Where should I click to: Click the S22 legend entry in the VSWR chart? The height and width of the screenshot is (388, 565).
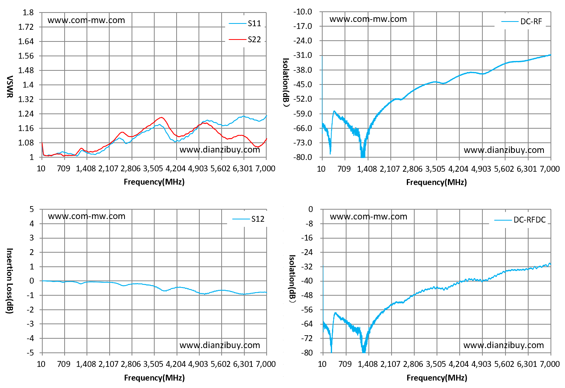pyautogui.click(x=245, y=40)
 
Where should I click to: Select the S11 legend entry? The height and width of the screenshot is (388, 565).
pyautogui.click(x=245, y=23)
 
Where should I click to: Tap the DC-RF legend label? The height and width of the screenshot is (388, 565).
pyautogui.click(x=522, y=22)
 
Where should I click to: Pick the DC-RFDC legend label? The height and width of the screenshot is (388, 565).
pyautogui.click(x=520, y=220)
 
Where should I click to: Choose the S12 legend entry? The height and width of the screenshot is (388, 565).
pyautogui.click(x=248, y=219)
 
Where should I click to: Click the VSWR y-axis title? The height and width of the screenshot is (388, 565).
pyautogui.click(x=9, y=87)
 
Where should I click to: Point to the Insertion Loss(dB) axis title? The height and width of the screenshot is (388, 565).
pyautogui.click(x=9, y=281)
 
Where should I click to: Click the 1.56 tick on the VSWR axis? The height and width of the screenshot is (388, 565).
pyautogui.click(x=26, y=56)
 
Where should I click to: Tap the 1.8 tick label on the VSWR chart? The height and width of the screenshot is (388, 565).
pyautogui.click(x=28, y=13)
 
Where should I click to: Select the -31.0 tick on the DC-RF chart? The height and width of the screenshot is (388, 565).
pyautogui.click(x=303, y=55)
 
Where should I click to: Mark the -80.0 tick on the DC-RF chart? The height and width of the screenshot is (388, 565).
pyautogui.click(x=303, y=157)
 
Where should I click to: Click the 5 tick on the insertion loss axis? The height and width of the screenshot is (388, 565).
pyautogui.click(x=32, y=209)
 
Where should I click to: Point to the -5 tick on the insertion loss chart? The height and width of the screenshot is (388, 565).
pyautogui.click(x=30, y=353)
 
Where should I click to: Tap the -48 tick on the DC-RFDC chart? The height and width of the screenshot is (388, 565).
pyautogui.click(x=307, y=295)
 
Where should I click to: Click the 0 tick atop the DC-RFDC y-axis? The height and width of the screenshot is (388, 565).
pyautogui.click(x=310, y=209)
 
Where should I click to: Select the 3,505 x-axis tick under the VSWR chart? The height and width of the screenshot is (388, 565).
pyautogui.click(x=153, y=168)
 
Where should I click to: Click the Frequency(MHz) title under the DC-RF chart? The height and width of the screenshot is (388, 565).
pyautogui.click(x=436, y=182)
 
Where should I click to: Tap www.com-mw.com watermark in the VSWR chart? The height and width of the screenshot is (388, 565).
pyautogui.click(x=86, y=20)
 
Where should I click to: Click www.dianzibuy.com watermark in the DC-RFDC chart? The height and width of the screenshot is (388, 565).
pyautogui.click(x=504, y=345)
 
